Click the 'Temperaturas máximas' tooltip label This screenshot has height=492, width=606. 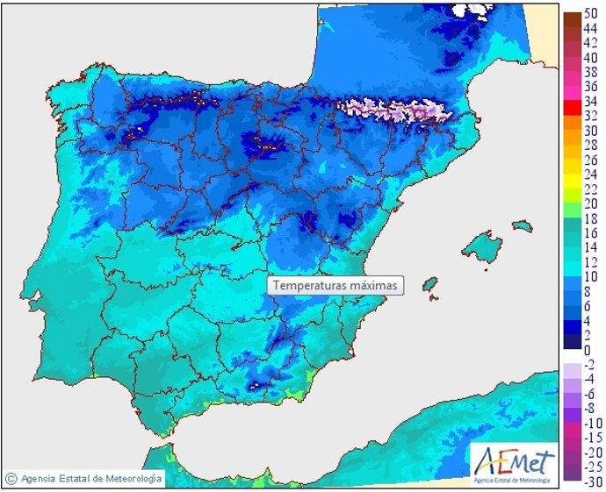[x=335, y=285]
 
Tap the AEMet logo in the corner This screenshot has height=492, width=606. [x=514, y=462]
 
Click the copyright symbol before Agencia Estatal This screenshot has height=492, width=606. [x=11, y=479]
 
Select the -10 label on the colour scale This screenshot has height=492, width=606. [x=590, y=423]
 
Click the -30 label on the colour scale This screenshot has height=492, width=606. [x=590, y=480]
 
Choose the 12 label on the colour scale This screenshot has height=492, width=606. [x=590, y=261]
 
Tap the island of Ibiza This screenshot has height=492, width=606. [x=430, y=285]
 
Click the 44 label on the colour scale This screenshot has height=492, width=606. [x=590, y=29]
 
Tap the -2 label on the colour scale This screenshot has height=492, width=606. [x=590, y=365]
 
